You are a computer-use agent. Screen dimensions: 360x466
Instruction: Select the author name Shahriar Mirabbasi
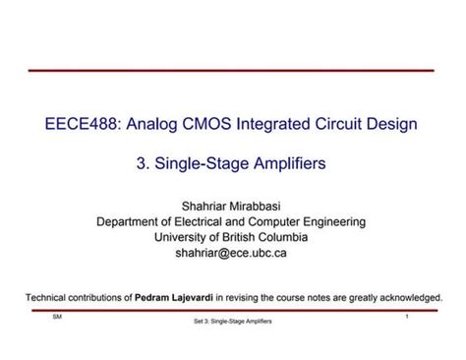(231, 206)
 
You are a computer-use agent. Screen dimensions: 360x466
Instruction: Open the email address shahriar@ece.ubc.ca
(231, 253)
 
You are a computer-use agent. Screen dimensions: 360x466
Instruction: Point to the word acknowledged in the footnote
(406, 296)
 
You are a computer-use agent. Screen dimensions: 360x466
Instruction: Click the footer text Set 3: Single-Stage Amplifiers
(232, 322)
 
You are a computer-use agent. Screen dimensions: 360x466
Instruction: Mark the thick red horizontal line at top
(231, 71)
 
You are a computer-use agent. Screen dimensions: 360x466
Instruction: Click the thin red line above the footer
(231, 310)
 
